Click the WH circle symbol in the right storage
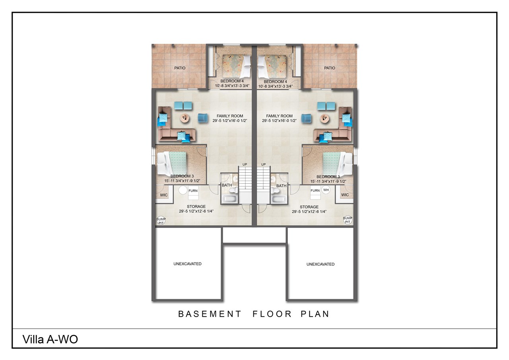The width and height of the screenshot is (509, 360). click(326, 190)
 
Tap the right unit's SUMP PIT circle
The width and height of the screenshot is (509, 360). click(348, 220)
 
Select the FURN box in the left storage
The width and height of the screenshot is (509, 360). click(193, 191)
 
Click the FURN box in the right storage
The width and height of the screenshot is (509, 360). click(315, 191)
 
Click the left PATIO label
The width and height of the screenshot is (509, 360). click(180, 68)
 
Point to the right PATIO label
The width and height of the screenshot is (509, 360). click(330, 68)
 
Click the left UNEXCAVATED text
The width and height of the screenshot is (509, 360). click(187, 264)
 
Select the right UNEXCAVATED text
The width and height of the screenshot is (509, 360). click(321, 264)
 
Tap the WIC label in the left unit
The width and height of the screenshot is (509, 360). click(164, 195)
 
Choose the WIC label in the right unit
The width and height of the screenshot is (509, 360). click(345, 195)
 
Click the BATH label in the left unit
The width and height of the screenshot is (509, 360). click(227, 185)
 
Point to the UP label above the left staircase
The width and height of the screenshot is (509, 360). click(245, 164)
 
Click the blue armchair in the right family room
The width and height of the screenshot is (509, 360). click(306, 118)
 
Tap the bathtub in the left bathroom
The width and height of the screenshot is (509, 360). click(229, 199)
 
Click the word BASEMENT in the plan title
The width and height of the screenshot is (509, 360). click(209, 314)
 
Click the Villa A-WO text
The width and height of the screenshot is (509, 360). click(50, 339)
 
